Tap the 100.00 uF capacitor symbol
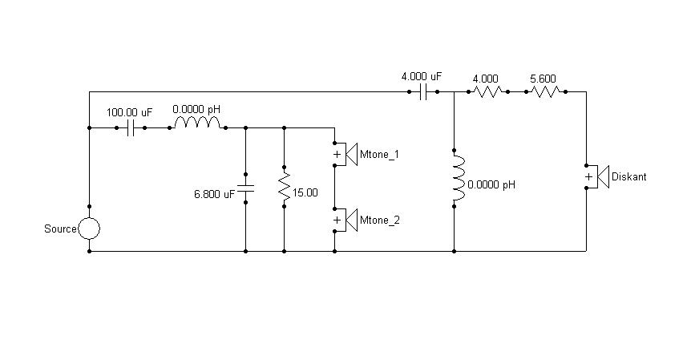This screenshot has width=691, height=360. point(131,128)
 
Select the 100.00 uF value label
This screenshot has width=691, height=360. point(129,112)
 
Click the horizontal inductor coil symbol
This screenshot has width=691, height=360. point(197,123)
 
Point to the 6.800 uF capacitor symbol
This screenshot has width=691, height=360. point(246,188)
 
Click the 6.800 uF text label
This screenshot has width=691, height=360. point(214,194)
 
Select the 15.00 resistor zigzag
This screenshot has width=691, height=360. point(285,186)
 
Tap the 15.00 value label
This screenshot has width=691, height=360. point(305,192)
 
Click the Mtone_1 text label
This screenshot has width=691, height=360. point(379,154)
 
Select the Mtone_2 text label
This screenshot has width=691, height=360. point(380,220)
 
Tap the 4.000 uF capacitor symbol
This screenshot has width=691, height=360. point(423,92)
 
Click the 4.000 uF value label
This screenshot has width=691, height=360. point(422,76)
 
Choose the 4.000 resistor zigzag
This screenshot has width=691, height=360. point(488,92)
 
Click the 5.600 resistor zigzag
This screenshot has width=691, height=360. point(546,92)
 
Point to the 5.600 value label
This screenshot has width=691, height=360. point(543,79)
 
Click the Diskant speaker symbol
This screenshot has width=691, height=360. point(596,176)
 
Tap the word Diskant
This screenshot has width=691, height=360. point(628,176)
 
